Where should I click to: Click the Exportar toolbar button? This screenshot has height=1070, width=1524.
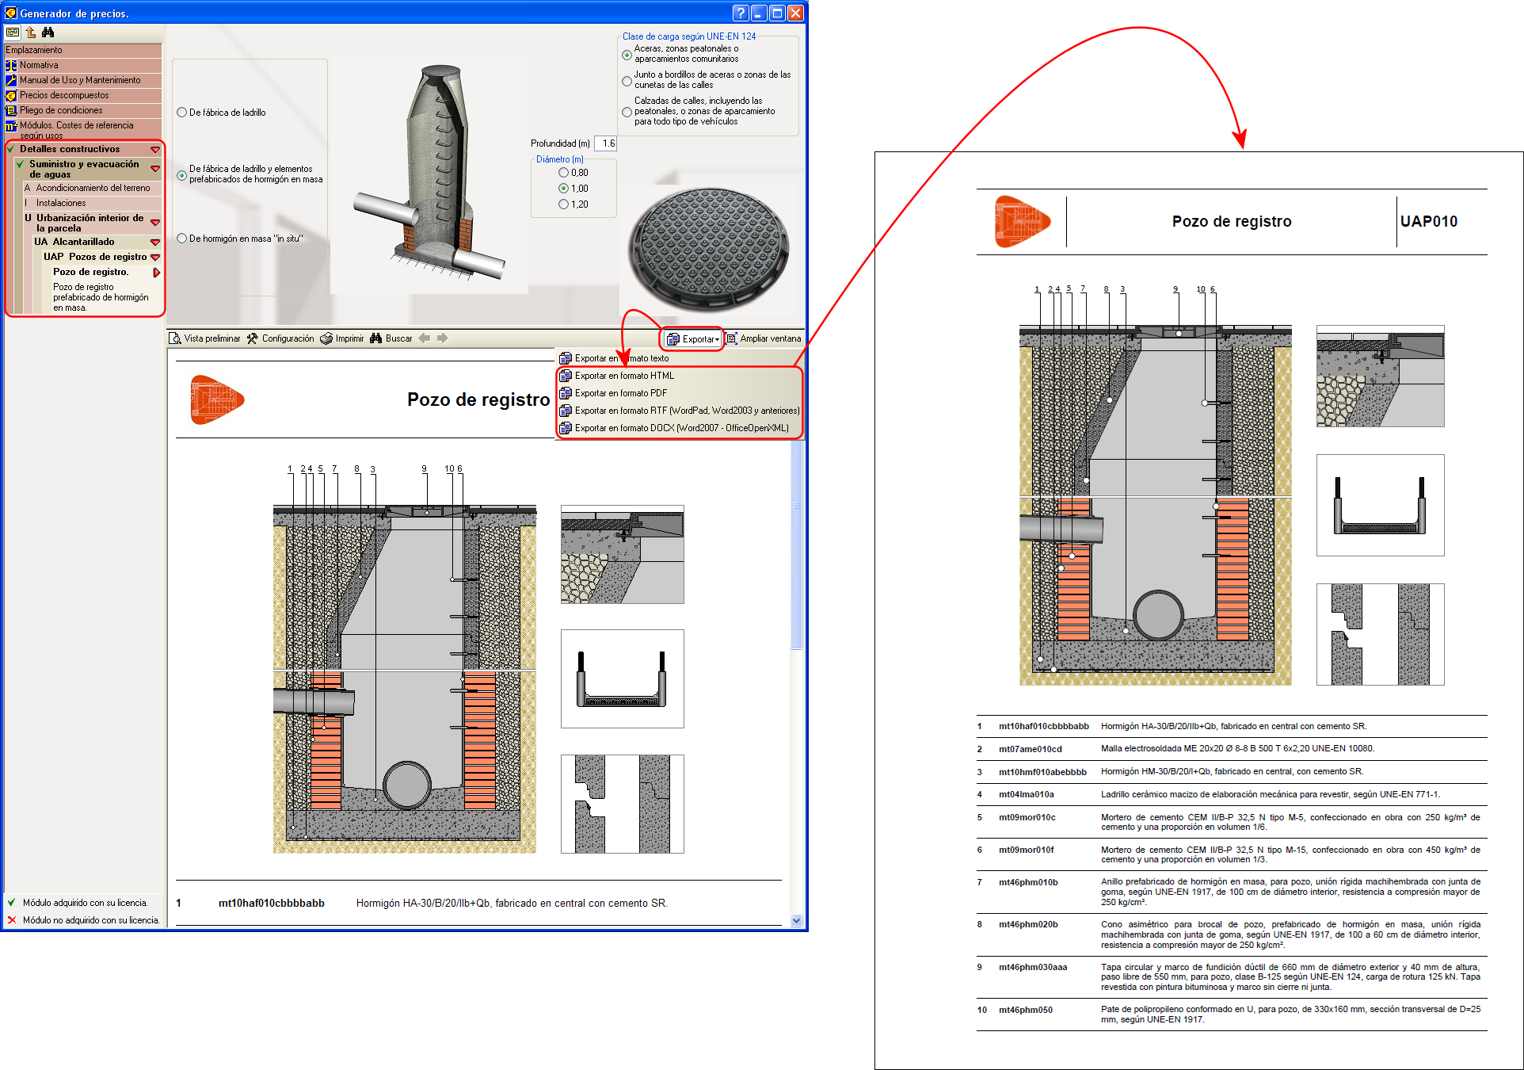click(693, 339)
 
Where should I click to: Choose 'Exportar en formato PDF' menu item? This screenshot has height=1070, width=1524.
click(620, 393)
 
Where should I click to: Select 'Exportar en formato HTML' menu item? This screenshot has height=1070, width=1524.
click(624, 376)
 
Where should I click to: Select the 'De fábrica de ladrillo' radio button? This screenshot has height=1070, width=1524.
click(182, 113)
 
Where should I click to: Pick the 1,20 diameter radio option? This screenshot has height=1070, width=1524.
click(564, 204)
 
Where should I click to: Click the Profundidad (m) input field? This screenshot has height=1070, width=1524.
click(606, 143)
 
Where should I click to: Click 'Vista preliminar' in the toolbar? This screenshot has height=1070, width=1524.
click(205, 338)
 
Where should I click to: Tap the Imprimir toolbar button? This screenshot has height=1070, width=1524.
click(342, 338)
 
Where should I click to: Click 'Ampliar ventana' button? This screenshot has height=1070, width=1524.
click(764, 338)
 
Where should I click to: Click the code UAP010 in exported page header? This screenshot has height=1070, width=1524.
click(1428, 222)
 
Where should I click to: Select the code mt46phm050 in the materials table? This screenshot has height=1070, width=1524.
click(1025, 1010)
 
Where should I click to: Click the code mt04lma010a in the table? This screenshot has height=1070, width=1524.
click(1026, 794)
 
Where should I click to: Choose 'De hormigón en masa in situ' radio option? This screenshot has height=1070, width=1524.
click(182, 239)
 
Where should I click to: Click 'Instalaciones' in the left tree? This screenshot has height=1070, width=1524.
click(60, 203)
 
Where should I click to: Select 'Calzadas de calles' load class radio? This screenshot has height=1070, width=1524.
click(627, 112)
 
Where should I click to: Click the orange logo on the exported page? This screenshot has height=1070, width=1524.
click(1021, 222)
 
